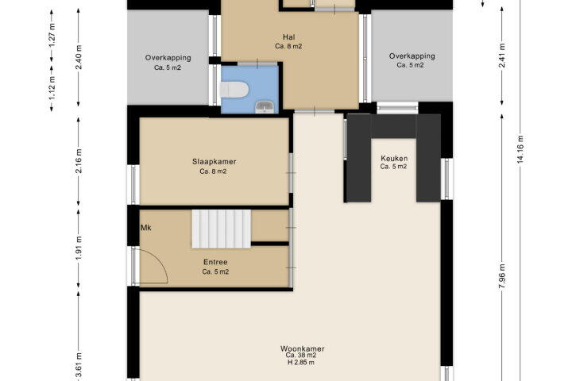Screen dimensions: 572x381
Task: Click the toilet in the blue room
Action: (234, 90)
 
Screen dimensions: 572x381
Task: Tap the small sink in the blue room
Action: (265, 107)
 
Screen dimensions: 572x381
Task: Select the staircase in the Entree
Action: (222, 229)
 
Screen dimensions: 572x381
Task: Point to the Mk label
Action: (146, 228)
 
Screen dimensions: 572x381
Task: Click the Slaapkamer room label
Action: (214, 161)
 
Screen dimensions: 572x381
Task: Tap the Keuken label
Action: (394, 158)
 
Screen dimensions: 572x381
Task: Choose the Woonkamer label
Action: (302, 348)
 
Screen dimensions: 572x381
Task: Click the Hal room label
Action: (288, 37)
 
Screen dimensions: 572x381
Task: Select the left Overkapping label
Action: (168, 58)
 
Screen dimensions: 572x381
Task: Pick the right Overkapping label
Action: (412, 56)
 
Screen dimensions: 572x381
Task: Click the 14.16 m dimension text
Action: (520, 149)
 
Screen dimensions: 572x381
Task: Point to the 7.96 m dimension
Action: (502, 276)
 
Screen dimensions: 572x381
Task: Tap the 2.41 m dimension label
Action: (502, 56)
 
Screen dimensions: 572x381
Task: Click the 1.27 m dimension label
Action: (52, 35)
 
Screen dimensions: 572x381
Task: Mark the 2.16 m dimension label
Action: (79, 161)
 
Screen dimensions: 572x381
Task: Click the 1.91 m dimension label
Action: (79, 248)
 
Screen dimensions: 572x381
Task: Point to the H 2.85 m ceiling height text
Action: (301, 363)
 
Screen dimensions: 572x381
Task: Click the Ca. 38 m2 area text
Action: (301, 356)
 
